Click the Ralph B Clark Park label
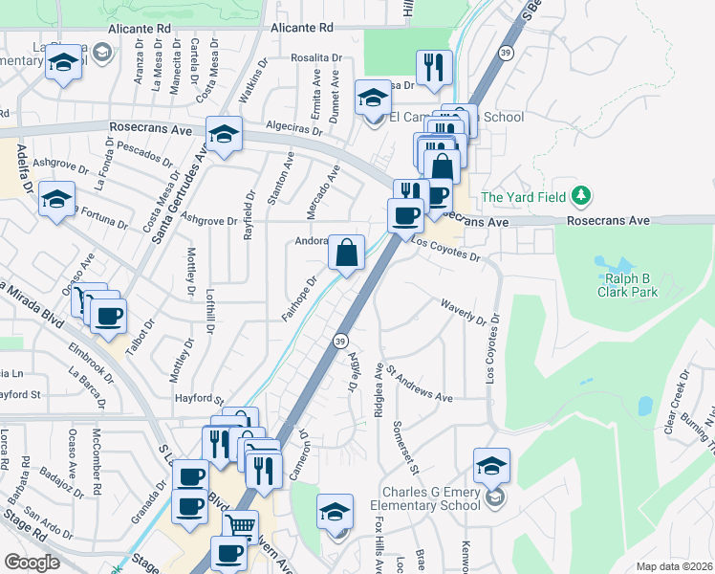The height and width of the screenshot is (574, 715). pyautogui.click(x=628, y=285)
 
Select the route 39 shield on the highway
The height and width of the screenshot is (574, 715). pyautogui.click(x=340, y=341)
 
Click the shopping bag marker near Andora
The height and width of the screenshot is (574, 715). pyautogui.click(x=346, y=253)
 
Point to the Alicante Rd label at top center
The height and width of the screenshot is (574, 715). pyautogui.click(x=301, y=29)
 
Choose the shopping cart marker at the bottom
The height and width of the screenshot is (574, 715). pyautogui.click(x=241, y=525)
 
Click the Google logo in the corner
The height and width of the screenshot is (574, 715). pyautogui.click(x=32, y=563)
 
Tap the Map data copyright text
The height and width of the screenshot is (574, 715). pyautogui.click(x=674, y=566)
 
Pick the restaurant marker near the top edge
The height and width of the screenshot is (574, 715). pyautogui.click(x=434, y=67)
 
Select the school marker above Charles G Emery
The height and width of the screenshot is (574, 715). pyautogui.click(x=491, y=465)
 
